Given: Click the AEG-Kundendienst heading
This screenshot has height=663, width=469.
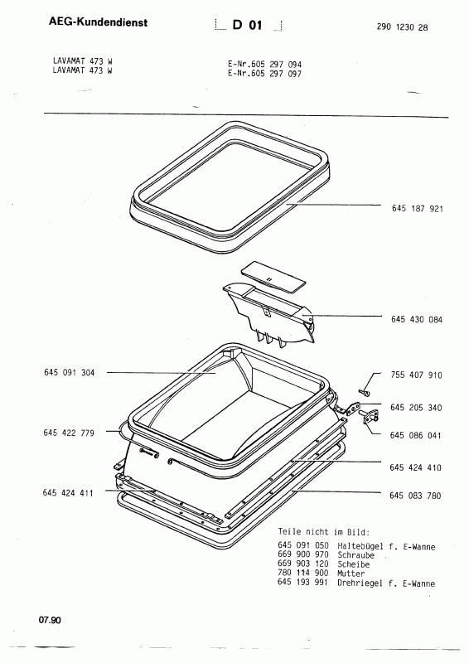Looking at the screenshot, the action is [98, 22].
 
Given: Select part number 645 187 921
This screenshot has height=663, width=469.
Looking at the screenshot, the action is [418, 209].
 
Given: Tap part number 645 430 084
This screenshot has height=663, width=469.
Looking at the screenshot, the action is [417, 320].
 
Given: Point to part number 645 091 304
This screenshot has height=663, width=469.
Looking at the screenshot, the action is [70, 372].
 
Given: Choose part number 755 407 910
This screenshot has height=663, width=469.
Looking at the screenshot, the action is [416, 375].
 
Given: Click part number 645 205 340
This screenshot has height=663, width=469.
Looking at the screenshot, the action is [416, 408].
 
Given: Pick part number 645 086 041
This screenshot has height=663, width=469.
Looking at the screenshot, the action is [415, 436].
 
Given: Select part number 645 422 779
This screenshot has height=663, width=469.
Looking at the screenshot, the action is [69, 433].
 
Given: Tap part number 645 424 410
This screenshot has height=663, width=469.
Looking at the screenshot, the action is [415, 467].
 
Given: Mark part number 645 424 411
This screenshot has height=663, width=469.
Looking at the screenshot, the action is [68, 493].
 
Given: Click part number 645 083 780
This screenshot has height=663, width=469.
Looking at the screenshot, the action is [415, 496].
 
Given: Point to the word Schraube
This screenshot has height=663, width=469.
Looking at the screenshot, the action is [355, 555].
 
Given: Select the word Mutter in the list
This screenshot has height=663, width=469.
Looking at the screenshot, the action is [351, 573].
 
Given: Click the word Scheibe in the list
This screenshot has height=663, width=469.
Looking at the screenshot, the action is [354, 564].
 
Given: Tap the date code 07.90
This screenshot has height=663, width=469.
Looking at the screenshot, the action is [50, 620].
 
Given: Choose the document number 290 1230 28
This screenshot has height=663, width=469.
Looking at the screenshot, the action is [402, 27].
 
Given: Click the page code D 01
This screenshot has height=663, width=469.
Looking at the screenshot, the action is [248, 26].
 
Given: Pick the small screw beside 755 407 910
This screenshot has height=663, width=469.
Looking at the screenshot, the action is [364, 393].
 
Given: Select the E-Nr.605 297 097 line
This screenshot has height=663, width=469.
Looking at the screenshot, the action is [264, 74].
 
